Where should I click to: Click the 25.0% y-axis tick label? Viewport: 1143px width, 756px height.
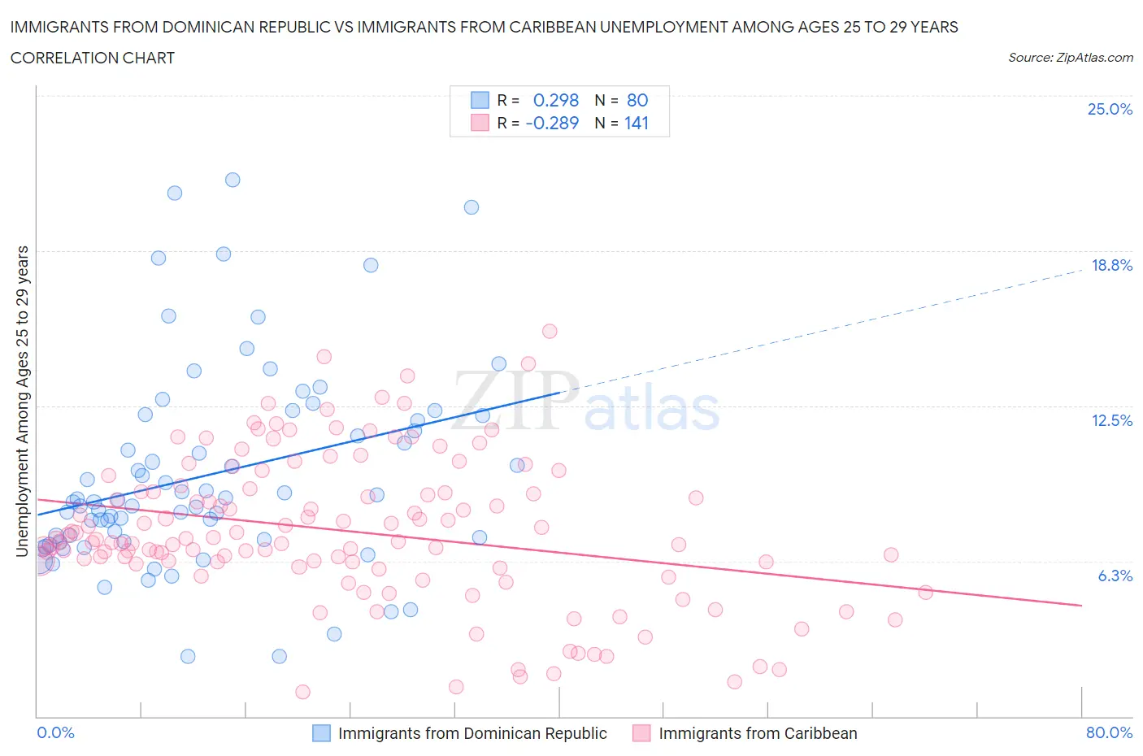[x=1110, y=109]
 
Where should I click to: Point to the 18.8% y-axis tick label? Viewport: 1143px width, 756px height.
[x=1111, y=265]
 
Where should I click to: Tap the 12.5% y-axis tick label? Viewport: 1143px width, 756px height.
[x=1111, y=420]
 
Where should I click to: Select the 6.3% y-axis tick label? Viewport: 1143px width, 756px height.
[x=1115, y=576]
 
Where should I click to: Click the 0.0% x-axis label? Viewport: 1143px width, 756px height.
[x=55, y=732]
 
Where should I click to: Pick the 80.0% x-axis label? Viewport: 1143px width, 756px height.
[x=1109, y=732]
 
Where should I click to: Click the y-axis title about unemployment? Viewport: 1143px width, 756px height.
[x=22, y=401]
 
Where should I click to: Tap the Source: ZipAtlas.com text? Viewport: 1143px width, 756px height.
[x=1070, y=58]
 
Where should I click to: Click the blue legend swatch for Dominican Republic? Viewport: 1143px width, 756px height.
[x=322, y=733]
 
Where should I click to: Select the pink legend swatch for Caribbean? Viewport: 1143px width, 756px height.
[x=642, y=733]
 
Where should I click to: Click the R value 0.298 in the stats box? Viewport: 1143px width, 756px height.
[x=555, y=100]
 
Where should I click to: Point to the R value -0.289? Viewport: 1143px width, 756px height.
[x=552, y=123]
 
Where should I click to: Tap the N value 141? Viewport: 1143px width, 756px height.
[x=637, y=123]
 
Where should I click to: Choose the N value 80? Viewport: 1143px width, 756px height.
[x=637, y=100]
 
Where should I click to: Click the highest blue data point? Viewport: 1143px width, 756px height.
[x=233, y=180]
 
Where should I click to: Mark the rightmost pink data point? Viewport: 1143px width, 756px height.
[x=925, y=592]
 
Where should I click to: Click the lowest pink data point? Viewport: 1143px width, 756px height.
[x=302, y=692]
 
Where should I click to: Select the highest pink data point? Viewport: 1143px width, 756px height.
[x=550, y=331]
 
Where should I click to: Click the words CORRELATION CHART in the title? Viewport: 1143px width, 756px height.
[x=93, y=58]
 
